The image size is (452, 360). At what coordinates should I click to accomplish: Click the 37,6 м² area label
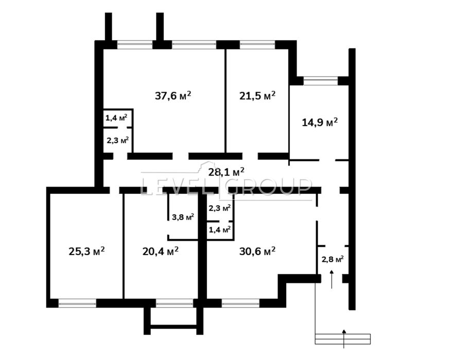tap(173, 95)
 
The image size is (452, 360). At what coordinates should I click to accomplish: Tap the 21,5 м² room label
tap(257, 95)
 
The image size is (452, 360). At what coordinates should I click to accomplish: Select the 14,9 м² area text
tap(319, 122)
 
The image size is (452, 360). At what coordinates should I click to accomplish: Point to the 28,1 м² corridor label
tap(226, 171)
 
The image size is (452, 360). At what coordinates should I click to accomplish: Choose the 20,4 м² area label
tap(160, 250)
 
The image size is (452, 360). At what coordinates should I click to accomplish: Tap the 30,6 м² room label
tap(257, 250)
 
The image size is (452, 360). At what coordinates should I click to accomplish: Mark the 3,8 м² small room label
tap(183, 217)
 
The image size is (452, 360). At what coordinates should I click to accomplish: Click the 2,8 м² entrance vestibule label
tap(333, 259)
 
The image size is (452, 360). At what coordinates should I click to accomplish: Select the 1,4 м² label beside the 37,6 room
tap(116, 118)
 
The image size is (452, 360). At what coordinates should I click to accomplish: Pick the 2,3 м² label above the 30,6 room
tap(219, 208)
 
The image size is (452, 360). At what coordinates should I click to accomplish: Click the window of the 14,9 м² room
tap(320, 80)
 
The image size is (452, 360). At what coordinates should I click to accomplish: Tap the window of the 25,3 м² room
tap(77, 303)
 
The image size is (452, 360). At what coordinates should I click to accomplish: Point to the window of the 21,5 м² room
tap(257, 45)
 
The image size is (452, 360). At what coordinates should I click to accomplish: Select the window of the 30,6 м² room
tap(240, 303)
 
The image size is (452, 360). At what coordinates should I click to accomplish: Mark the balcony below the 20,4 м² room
tap(173, 317)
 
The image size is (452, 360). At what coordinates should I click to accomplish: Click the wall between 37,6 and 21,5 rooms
tap(225, 100)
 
